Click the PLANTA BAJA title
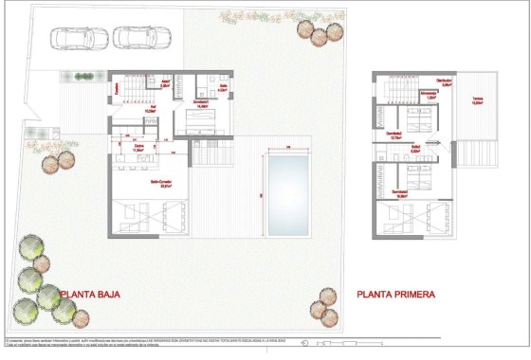pos(95,295)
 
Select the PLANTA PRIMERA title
pos(395,295)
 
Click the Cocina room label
pos(138,147)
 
